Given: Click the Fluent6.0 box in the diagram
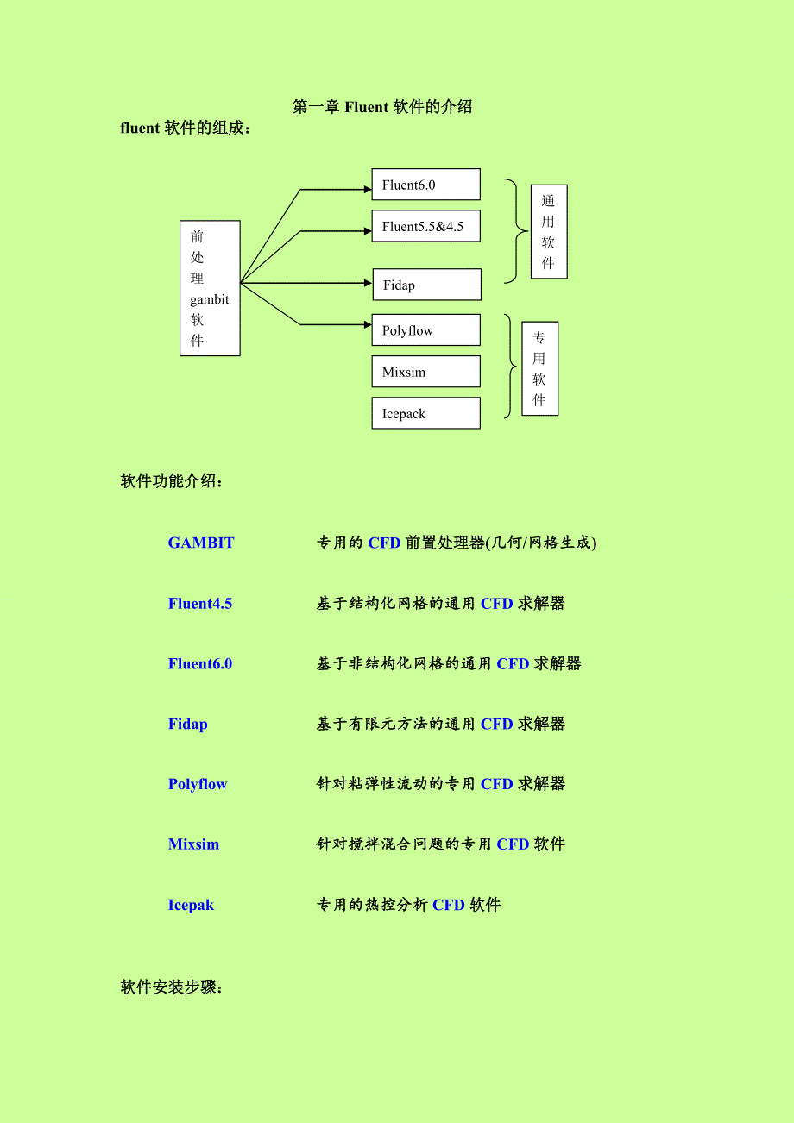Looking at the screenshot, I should (425, 185).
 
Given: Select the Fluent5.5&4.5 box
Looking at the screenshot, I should (425, 226).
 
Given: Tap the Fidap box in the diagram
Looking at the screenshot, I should (426, 285).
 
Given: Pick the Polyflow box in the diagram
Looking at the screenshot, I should (425, 330).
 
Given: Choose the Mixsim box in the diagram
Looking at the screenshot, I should (425, 372).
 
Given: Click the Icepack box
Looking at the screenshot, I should (425, 413).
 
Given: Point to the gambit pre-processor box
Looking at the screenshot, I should (210, 288).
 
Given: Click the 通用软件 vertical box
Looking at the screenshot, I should (549, 232).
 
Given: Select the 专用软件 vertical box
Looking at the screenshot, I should (540, 369).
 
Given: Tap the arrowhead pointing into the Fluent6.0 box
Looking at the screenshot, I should (366, 189).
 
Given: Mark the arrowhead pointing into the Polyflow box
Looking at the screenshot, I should (366, 324).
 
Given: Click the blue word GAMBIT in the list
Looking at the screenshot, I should (201, 543).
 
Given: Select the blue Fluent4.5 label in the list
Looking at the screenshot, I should (200, 603).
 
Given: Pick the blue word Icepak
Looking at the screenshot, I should (191, 905).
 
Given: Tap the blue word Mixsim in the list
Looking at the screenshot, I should (193, 844).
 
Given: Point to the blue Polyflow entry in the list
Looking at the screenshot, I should (198, 784).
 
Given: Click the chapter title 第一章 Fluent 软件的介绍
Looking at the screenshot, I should (382, 107).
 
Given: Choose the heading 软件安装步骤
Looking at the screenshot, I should (172, 987).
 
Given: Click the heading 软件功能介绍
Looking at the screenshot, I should (172, 480).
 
